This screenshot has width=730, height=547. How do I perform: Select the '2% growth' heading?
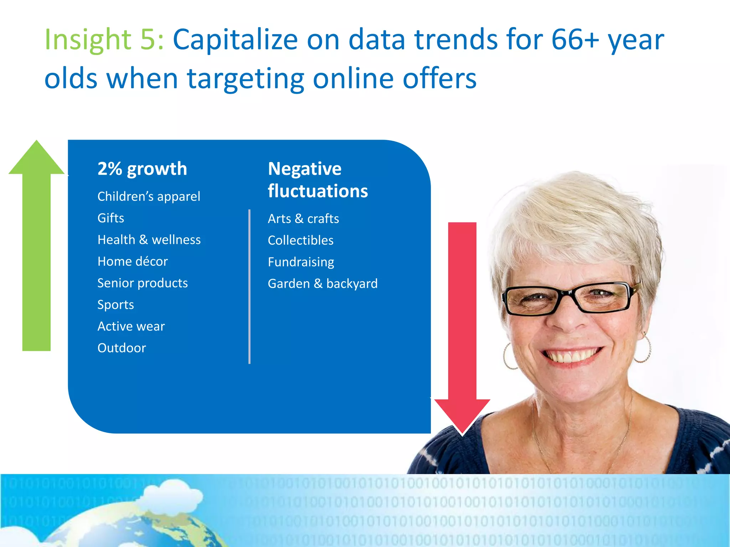(142, 169)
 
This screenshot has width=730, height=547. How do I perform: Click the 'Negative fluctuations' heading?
(318, 180)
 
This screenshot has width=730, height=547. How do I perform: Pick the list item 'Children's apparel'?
(149, 196)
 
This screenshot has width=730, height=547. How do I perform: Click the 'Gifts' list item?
(111, 218)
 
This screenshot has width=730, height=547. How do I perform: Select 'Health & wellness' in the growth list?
(149, 240)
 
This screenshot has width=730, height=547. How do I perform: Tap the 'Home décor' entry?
(133, 261)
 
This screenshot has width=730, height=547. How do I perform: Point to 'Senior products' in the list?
(143, 283)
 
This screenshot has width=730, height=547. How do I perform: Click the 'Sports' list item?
(115, 305)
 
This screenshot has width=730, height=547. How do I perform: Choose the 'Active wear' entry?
(131, 327)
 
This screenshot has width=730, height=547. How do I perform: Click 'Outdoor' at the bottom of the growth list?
(122, 348)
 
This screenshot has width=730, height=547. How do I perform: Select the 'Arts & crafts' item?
(303, 219)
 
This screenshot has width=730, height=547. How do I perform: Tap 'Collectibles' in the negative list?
(300, 240)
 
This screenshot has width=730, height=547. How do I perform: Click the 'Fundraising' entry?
(301, 262)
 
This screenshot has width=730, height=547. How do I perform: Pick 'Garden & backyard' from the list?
(323, 284)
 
